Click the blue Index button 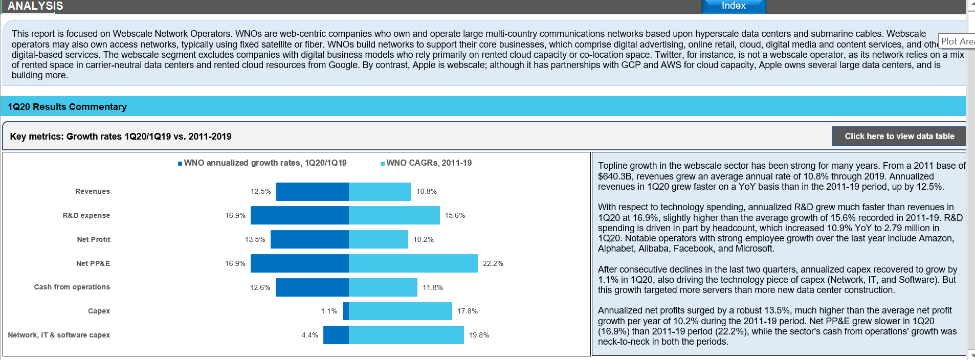coord(734,6)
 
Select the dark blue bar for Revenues coord(313,192)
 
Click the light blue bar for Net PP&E coord(413,263)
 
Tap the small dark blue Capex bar coord(346,311)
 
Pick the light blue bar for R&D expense coord(394,215)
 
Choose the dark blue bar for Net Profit coord(309,239)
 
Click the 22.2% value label coord(493,263)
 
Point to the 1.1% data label coord(329,311)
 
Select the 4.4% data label coord(309,335)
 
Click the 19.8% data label coord(479,335)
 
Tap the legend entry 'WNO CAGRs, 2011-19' coord(429,163)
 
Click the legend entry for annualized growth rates coord(265,163)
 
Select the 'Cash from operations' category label coord(72,287)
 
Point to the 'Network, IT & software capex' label coord(59,335)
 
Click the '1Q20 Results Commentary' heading coord(67,107)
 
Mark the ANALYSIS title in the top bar coord(35,6)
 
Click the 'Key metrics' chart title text coord(121,137)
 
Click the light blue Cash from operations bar coord(383,287)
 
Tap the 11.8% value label coord(433,287)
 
